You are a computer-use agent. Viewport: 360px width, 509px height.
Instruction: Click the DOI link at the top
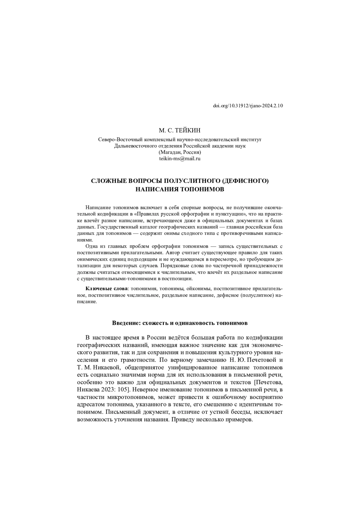(248, 106)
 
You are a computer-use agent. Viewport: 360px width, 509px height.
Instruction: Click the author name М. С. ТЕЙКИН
(180, 130)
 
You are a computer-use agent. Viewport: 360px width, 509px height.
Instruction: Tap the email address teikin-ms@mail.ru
(180, 159)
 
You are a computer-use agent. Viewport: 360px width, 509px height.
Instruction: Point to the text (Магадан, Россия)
(180, 152)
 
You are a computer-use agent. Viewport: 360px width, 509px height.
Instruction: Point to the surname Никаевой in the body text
(106, 367)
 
